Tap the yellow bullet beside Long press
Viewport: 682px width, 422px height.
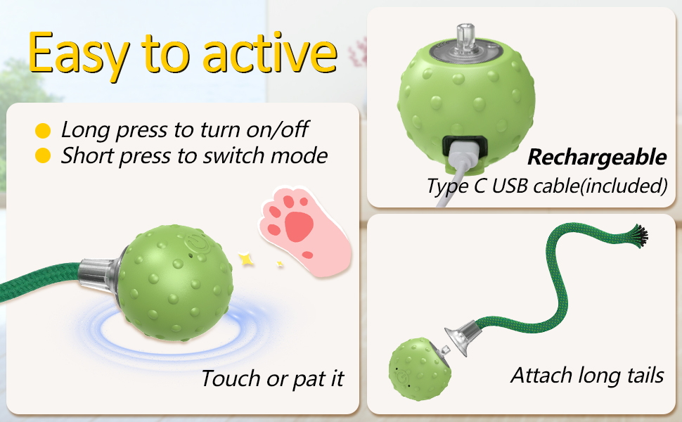pos(44,130)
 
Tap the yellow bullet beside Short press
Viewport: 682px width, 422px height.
pos(44,155)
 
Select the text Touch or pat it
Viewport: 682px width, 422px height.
pos(272,379)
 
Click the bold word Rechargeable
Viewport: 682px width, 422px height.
pos(596,157)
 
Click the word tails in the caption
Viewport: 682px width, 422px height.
pos(639,376)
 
